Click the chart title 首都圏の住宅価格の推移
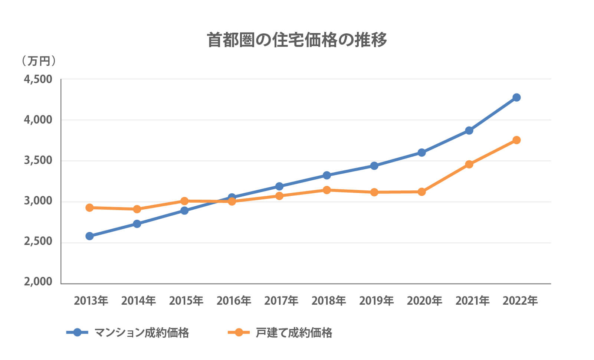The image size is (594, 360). [x=297, y=40]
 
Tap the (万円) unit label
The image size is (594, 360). [x=39, y=61]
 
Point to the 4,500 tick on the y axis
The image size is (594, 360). [x=38, y=79]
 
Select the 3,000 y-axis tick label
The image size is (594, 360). [x=38, y=201]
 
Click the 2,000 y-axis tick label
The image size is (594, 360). [x=38, y=282]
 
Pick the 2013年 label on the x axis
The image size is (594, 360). [x=91, y=301]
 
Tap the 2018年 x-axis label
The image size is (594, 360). [x=329, y=301]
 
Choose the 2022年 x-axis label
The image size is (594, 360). [x=520, y=301]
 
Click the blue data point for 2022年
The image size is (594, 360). [x=516, y=98]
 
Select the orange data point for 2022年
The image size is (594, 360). [x=516, y=140]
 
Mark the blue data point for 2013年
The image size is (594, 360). [x=89, y=236]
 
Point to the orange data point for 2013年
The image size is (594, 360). [x=89, y=207]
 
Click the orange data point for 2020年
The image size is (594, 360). [x=421, y=192]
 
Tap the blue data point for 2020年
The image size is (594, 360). [x=421, y=153]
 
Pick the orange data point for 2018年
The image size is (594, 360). [x=327, y=190]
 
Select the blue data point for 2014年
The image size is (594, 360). [x=137, y=224]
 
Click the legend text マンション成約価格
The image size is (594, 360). [x=142, y=333]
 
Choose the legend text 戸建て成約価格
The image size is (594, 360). [x=294, y=333]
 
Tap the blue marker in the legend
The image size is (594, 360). [x=77, y=333]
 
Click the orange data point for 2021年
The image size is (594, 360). [x=469, y=164]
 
